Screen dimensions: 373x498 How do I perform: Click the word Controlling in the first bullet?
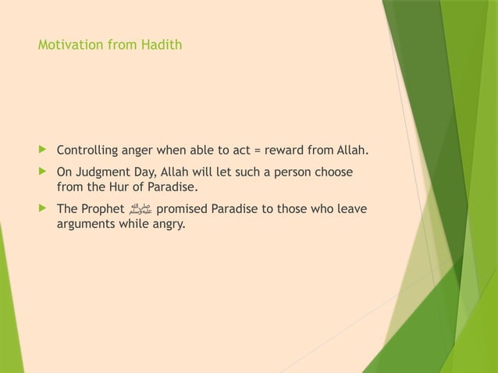tap(87, 151)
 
